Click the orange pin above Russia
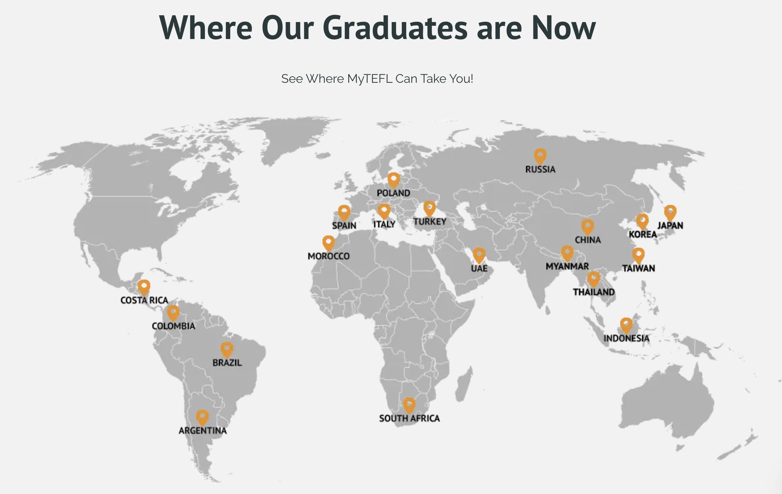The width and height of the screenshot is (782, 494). (x=540, y=156)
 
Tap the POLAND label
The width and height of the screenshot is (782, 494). (x=393, y=193)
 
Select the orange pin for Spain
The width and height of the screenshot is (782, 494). (x=344, y=212)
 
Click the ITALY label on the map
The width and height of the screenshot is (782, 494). (x=384, y=224)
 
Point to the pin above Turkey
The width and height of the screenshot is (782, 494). (x=429, y=208)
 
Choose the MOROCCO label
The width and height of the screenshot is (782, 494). (x=328, y=256)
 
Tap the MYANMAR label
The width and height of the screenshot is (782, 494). (x=567, y=266)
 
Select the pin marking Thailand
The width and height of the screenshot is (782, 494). (x=593, y=279)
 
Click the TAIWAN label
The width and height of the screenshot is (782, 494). (x=638, y=268)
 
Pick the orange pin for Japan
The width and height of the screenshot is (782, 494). (x=670, y=212)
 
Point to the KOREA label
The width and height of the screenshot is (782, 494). (x=643, y=234)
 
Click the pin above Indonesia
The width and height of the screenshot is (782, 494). (x=626, y=325)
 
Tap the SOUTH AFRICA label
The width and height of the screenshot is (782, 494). (x=409, y=418)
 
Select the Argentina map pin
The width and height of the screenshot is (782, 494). (x=202, y=417)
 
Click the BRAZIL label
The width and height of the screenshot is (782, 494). (x=227, y=363)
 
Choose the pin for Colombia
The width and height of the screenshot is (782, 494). (x=173, y=312)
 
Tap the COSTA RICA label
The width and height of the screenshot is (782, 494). (x=144, y=300)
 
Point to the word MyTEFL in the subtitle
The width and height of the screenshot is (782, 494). (x=370, y=79)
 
